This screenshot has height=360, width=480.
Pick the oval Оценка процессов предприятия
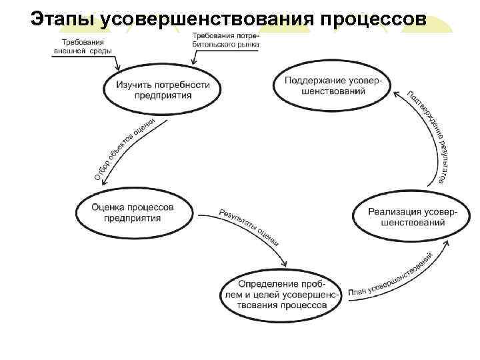pyautogui.click(x=133, y=212)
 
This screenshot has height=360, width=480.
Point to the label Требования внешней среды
pyautogui.click(x=83, y=47)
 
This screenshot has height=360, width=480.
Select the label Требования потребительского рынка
pyautogui.click(x=225, y=40)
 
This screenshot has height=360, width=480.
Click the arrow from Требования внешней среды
pyautogui.click(x=115, y=63)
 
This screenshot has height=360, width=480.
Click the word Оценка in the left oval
pyautogui.click(x=106, y=207)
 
